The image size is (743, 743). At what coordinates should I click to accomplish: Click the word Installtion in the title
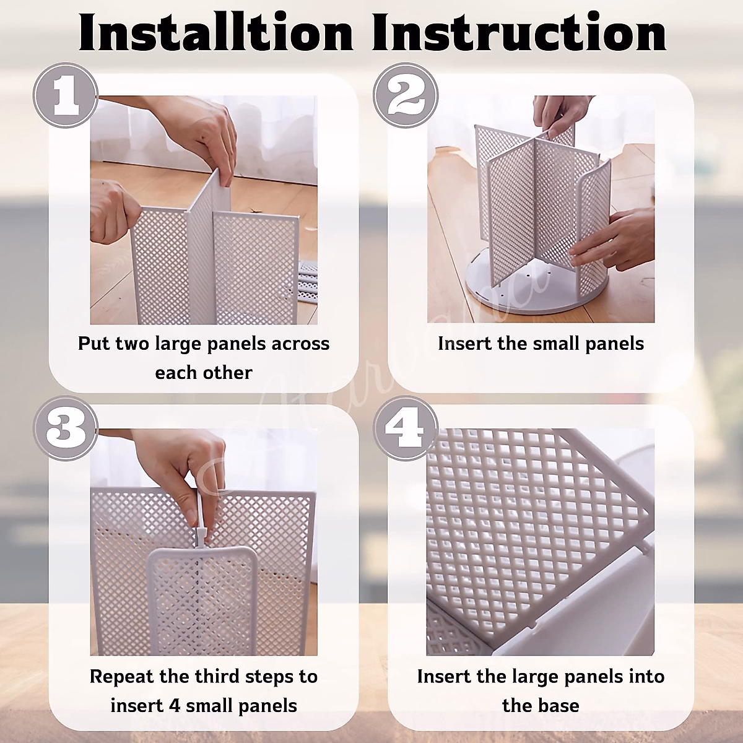(215, 33)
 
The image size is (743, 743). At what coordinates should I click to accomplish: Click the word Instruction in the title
(519, 33)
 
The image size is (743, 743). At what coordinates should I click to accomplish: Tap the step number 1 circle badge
(66, 95)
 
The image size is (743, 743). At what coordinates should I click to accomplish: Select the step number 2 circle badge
(406, 95)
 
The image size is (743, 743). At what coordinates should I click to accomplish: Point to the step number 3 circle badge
(66, 428)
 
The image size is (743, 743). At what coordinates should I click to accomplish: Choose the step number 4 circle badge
(406, 428)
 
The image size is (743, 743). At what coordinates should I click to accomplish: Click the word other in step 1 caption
(230, 373)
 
